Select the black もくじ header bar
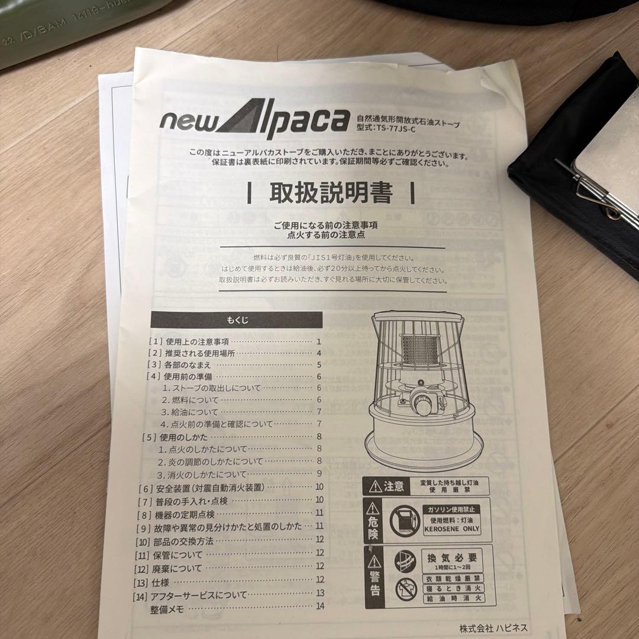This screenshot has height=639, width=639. (237, 320)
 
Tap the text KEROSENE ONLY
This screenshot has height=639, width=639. (450, 529)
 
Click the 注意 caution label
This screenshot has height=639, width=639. (388, 487)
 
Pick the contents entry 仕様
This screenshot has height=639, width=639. (160, 582)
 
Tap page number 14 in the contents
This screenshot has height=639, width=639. (321, 605)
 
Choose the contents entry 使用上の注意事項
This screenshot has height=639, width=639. (197, 341)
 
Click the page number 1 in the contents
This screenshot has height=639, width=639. (318, 341)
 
